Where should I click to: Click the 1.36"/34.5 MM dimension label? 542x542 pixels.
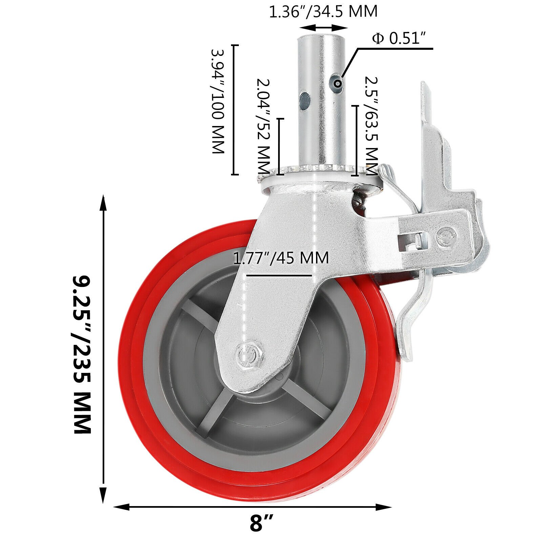pyautogui.click(x=323, y=11)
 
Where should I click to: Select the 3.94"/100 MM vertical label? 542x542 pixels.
pyautogui.click(x=217, y=102)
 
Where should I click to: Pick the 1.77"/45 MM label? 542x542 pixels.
pyautogui.click(x=281, y=258)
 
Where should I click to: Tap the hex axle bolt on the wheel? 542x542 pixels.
pyautogui.click(x=250, y=354)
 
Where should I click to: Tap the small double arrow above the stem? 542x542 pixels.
pyautogui.click(x=324, y=28)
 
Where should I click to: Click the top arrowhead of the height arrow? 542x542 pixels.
pyautogui.click(x=103, y=203)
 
